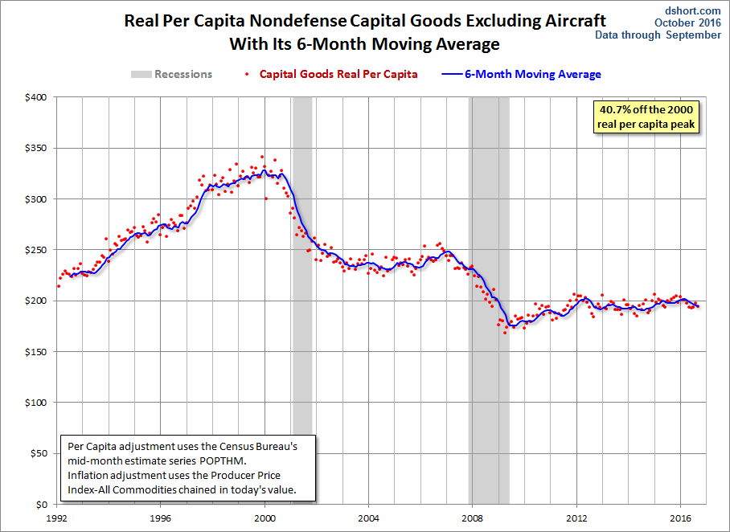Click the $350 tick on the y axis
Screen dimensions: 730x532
(x=36, y=148)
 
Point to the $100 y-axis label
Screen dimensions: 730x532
(x=36, y=403)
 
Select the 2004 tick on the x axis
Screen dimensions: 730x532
(x=368, y=518)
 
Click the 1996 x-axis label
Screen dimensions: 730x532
(x=160, y=518)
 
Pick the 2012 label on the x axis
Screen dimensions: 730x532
(x=576, y=518)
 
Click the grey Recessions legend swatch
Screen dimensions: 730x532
(x=141, y=74)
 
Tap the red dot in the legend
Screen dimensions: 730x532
(x=247, y=75)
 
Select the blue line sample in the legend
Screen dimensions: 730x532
(x=453, y=74)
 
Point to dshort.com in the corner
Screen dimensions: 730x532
(x=693, y=10)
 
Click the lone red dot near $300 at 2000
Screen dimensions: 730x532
(x=266, y=198)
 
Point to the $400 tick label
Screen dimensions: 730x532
(x=36, y=97)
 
